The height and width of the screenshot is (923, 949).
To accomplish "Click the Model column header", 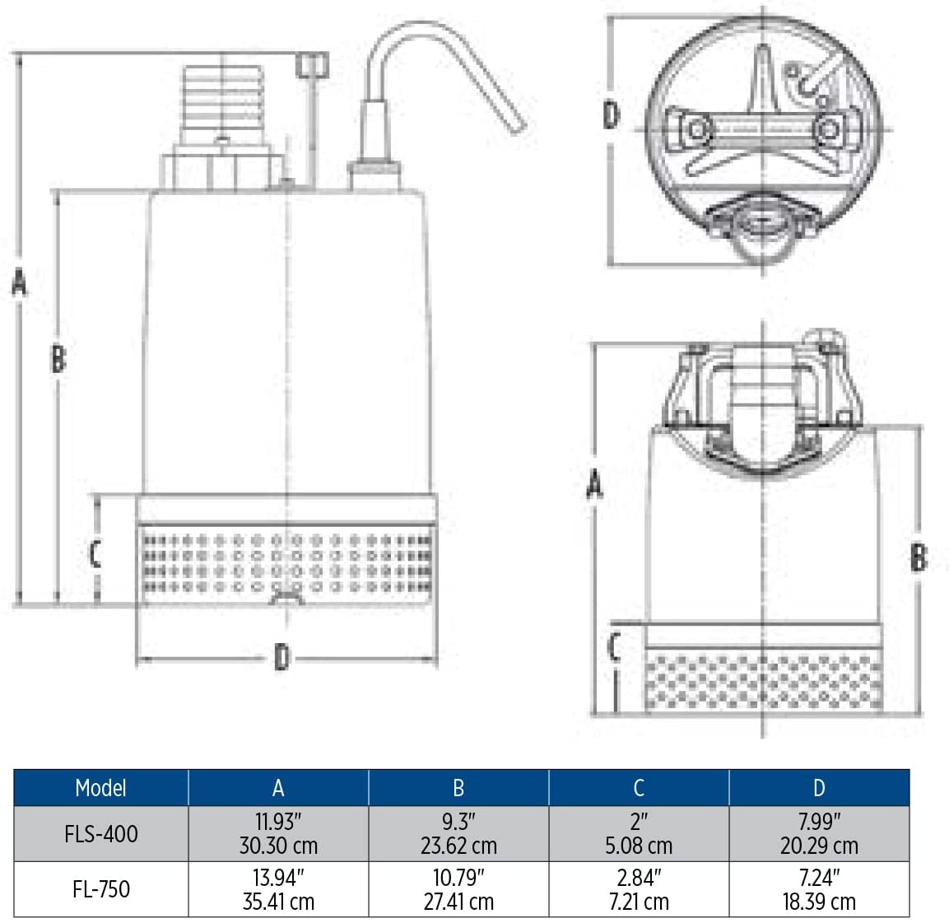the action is click(x=100, y=788).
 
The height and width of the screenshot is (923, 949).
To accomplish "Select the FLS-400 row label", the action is click(x=101, y=834).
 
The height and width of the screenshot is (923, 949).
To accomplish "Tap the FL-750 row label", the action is click(x=101, y=889).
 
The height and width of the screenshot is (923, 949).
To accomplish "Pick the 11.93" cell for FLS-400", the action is click(x=278, y=833).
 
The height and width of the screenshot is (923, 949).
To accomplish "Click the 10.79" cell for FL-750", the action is click(x=458, y=889).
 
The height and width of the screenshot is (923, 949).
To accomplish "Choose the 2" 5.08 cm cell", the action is click(x=639, y=833).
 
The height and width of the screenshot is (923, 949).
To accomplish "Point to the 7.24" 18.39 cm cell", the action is click(x=819, y=889).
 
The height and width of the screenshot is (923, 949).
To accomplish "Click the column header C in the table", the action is click(x=639, y=788).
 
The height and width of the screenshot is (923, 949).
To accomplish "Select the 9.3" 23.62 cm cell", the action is click(x=458, y=833).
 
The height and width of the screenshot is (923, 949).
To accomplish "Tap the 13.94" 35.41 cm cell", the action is click(x=278, y=889).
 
